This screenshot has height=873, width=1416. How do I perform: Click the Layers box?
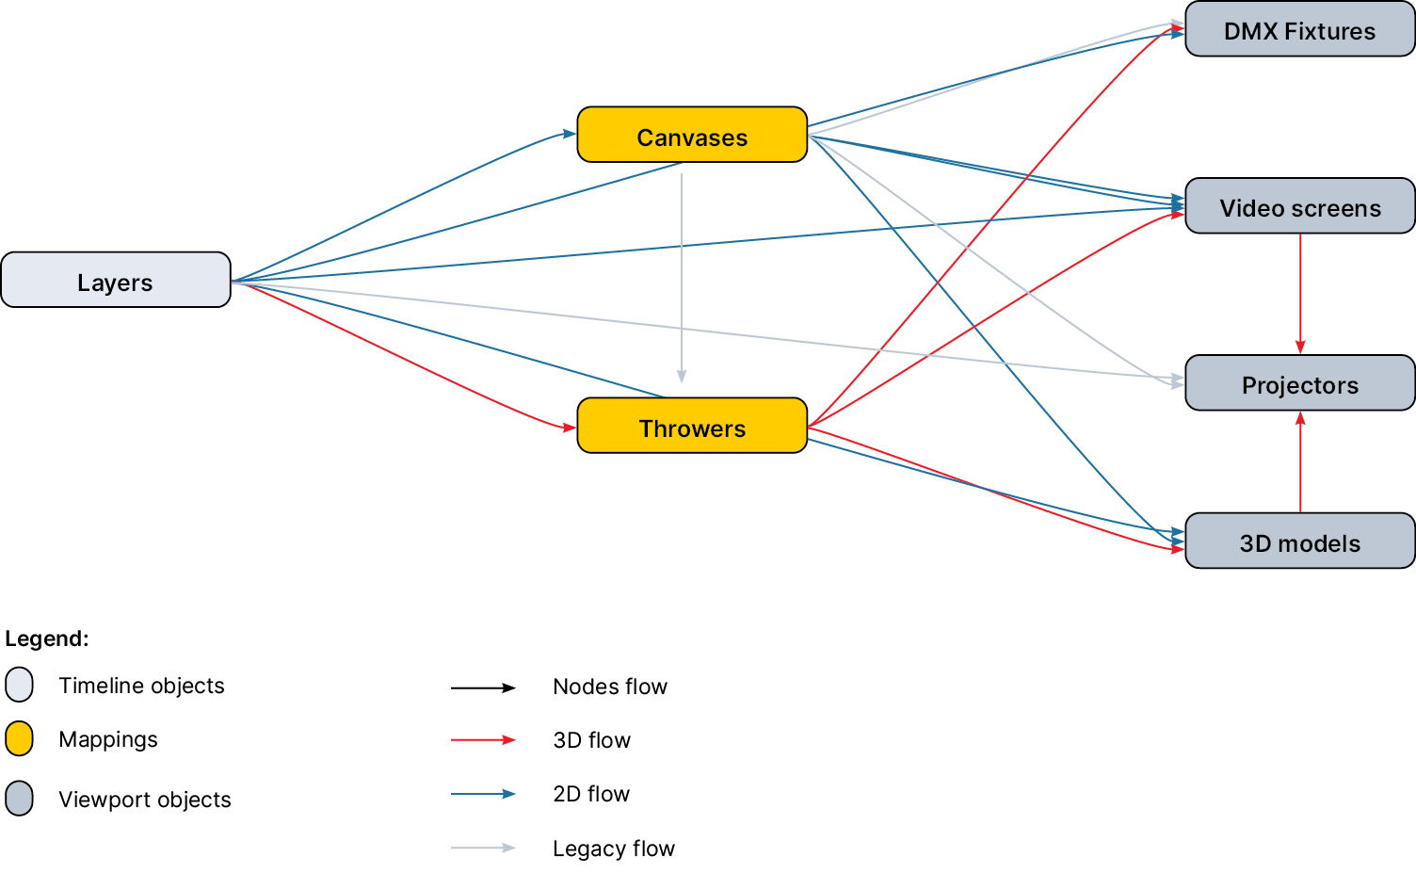[x=116, y=280]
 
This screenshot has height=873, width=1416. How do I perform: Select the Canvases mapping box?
[x=692, y=135]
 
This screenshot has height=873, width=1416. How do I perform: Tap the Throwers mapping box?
[x=692, y=426]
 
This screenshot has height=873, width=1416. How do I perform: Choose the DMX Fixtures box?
[x=1299, y=29]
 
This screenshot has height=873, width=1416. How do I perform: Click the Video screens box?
[x=1299, y=206]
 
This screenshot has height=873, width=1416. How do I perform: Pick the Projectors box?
[x=1299, y=383]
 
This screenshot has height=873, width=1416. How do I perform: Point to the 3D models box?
[x=1299, y=542]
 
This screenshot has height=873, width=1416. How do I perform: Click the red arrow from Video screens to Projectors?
[x=1300, y=292]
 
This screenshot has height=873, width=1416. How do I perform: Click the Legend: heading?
[x=46, y=639]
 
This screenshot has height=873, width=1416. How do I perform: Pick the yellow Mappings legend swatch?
[x=19, y=739]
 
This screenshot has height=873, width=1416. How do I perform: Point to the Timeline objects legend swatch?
[x=19, y=685]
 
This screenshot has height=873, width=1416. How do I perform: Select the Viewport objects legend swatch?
[x=19, y=799]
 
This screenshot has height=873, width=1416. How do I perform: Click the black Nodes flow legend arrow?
[x=483, y=687]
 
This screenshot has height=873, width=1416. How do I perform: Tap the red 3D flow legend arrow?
[x=483, y=740]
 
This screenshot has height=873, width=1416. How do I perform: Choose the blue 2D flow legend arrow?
[x=483, y=794]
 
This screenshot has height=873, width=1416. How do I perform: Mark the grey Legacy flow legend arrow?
[x=483, y=848]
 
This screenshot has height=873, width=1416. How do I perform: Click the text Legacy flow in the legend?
[x=613, y=849]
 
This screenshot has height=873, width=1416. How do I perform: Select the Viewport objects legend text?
[x=144, y=800]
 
